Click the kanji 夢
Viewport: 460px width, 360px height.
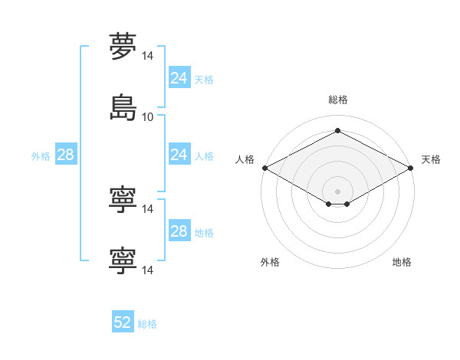tap(123, 46)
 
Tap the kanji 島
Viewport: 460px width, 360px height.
tap(123, 107)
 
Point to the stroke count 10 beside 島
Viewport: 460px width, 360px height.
tap(147, 117)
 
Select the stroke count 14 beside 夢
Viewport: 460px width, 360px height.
tap(147, 56)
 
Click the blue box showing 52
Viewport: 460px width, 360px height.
tap(123, 321)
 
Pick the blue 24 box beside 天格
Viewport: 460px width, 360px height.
tap(179, 77)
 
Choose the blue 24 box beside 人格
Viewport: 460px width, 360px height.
tap(179, 154)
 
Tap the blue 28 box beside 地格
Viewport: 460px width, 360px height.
tap(179, 230)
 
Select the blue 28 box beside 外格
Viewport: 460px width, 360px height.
tap(66, 154)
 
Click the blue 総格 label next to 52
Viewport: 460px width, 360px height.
tap(147, 324)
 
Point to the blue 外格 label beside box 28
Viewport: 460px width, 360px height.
tap(41, 156)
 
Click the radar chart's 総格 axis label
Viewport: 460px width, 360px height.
tap(338, 100)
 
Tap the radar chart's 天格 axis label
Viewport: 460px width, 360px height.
tap(431, 159)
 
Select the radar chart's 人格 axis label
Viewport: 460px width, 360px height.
tap(245, 159)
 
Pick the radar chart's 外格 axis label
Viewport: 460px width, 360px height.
tap(270, 262)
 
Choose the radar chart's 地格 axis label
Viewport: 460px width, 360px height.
tap(402, 262)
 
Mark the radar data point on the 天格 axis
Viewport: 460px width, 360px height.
tap(411, 168)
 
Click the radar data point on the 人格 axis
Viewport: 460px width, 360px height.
tap(265, 168)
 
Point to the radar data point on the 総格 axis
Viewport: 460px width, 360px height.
tap(337, 130)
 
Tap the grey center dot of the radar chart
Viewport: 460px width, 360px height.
tap(337, 191)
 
